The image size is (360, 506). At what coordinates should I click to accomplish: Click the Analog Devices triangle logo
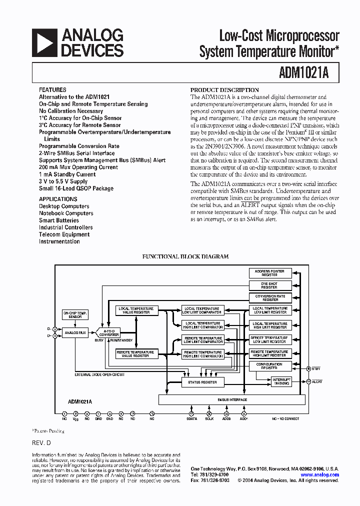point(43,42)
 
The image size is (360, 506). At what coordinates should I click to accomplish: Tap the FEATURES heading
point(52,89)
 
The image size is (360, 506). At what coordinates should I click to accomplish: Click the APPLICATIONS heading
point(58,199)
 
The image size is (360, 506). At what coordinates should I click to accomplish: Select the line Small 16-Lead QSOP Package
point(76,188)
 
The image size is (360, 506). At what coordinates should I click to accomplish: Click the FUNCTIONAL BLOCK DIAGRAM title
point(185,256)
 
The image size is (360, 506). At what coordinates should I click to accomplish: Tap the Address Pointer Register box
point(269,273)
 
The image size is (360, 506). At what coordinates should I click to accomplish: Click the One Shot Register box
point(269,285)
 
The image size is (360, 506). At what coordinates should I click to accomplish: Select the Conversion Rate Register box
point(269,298)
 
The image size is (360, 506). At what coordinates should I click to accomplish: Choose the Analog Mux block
point(75,332)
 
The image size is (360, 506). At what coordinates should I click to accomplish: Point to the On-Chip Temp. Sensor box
point(75,314)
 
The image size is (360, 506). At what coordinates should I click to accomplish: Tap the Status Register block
point(202,382)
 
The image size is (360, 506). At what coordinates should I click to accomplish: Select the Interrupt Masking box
point(281,381)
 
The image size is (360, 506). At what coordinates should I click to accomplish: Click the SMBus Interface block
point(231,400)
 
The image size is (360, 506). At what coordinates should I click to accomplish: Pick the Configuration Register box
point(269,366)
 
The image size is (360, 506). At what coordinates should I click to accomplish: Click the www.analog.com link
point(320,475)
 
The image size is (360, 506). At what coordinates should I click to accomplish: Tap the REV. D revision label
point(41,443)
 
